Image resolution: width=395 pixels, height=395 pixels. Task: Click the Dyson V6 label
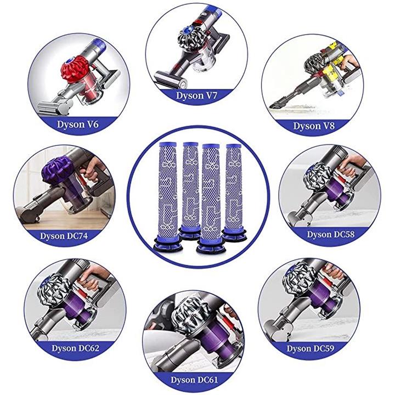(77, 125)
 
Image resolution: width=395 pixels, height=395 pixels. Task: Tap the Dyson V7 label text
(196, 95)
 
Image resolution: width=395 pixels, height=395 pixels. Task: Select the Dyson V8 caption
(314, 126)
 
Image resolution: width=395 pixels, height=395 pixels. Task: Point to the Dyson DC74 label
(64, 236)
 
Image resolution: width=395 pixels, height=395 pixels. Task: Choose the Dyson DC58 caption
(330, 235)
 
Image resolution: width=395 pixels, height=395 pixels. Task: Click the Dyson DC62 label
(75, 348)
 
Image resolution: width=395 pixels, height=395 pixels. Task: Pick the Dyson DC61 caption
(194, 380)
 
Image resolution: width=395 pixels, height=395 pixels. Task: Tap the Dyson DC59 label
(311, 349)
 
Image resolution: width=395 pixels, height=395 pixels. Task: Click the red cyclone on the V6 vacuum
(75, 69)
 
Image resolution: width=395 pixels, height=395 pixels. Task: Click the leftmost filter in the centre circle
(168, 196)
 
